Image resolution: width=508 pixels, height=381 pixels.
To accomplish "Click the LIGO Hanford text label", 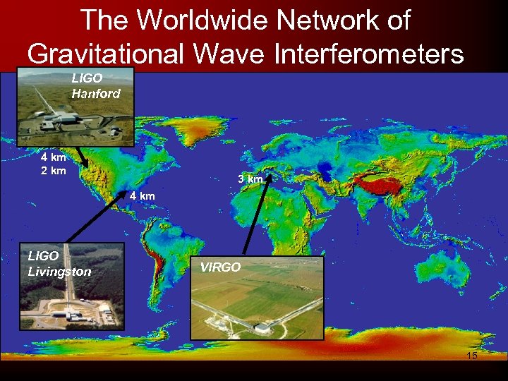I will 96,86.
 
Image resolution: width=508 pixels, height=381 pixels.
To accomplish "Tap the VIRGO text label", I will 220,268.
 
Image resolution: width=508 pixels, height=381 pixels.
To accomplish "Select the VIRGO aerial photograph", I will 257,303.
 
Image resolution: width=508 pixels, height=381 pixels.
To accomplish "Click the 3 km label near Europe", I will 250,180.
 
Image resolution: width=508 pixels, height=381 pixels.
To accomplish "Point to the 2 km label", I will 53,171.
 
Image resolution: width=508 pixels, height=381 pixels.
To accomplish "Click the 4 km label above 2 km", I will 53,158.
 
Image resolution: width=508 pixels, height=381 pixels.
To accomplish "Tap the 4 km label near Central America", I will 141,195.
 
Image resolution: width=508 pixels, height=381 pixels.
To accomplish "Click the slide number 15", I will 472,356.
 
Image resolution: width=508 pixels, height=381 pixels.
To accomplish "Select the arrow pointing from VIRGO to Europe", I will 255,218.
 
